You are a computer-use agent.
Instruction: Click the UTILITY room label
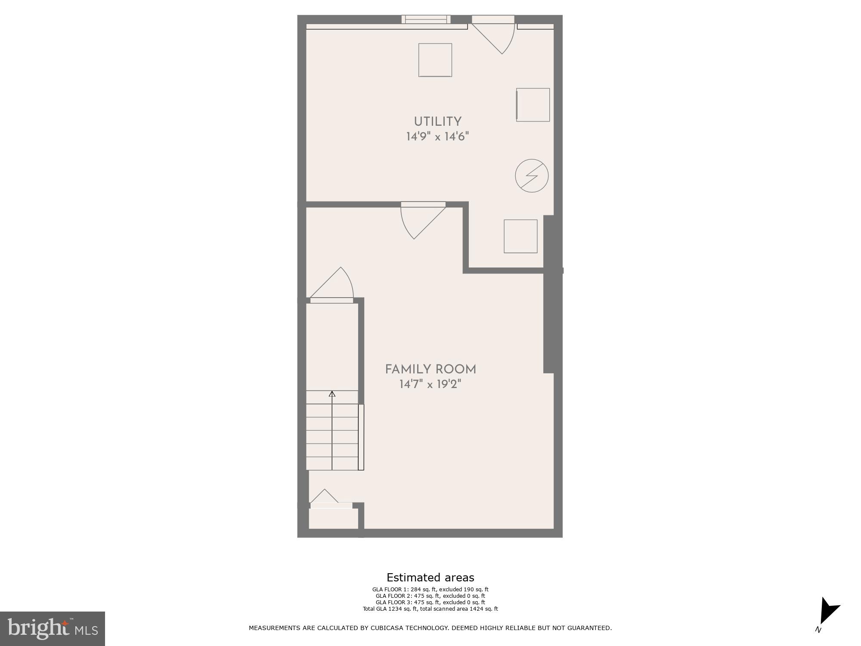tap(437, 121)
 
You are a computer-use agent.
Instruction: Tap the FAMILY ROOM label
tap(430, 369)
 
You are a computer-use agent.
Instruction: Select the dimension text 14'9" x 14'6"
tap(437, 137)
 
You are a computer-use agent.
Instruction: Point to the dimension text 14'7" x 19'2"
tap(430, 384)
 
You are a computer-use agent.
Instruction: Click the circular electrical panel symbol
tap(532, 176)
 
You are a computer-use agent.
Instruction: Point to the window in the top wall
tap(426, 19)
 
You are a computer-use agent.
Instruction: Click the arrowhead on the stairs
tap(332, 394)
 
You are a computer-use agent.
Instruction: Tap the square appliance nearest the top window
tap(435, 60)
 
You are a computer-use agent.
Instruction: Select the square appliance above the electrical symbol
tap(533, 105)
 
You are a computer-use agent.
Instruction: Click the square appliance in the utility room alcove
tap(520, 236)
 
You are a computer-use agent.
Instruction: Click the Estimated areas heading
tap(430, 578)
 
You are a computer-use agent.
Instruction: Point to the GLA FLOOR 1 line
tap(430, 590)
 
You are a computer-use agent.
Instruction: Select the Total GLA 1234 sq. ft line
tap(430, 609)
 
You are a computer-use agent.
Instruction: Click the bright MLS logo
tap(53, 628)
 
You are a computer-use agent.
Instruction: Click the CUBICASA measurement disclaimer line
tap(430, 628)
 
